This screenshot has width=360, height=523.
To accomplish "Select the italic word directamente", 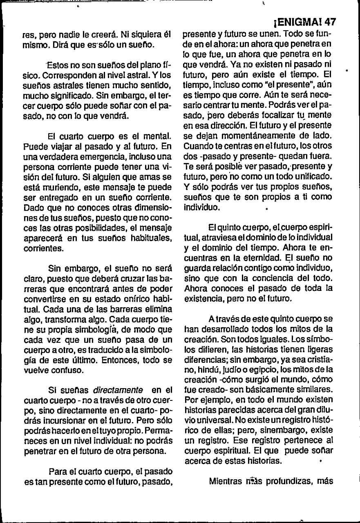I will click(x=119, y=390).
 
